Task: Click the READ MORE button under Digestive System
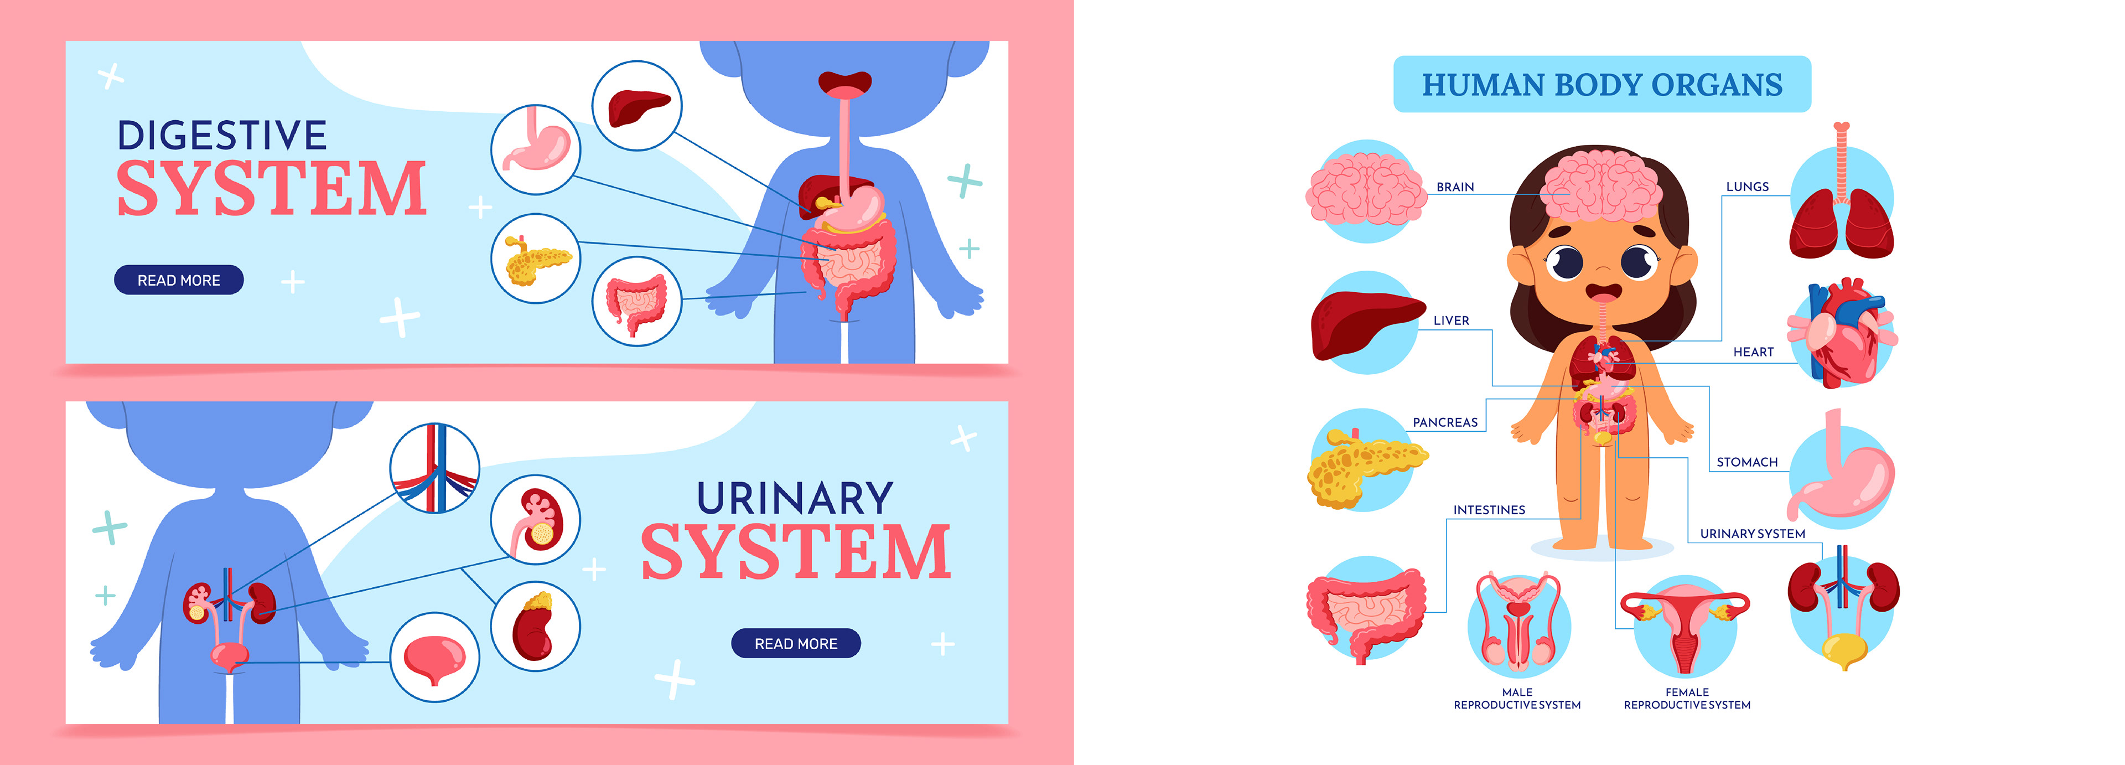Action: point(178,280)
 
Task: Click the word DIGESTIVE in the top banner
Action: point(222,135)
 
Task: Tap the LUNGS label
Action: point(1746,187)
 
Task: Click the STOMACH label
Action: point(1746,462)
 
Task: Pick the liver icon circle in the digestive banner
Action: point(637,106)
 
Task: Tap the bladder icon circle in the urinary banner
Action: point(435,657)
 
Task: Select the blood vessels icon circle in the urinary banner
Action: point(435,468)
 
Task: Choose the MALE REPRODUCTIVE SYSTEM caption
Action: point(1516,698)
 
